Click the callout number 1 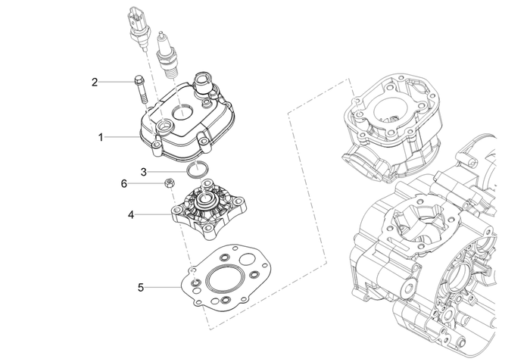[100, 137]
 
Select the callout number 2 [95, 81]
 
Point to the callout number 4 [131, 215]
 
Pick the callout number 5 [141, 287]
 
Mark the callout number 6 [124, 183]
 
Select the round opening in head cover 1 [182, 112]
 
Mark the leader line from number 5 [163, 287]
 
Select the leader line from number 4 [154, 215]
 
